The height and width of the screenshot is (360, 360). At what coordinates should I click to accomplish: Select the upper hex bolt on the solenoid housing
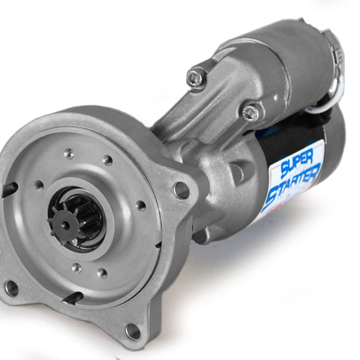coord(196,77)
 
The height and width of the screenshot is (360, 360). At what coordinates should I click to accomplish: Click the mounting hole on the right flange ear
coord(182,190)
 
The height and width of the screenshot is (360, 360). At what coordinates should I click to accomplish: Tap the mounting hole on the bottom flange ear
coord(133,331)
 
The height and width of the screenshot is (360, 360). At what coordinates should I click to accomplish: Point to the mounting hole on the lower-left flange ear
coord(11,288)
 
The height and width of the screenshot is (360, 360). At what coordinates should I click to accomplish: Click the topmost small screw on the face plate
coord(69,153)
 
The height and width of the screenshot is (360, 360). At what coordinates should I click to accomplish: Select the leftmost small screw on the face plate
coord(39,185)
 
